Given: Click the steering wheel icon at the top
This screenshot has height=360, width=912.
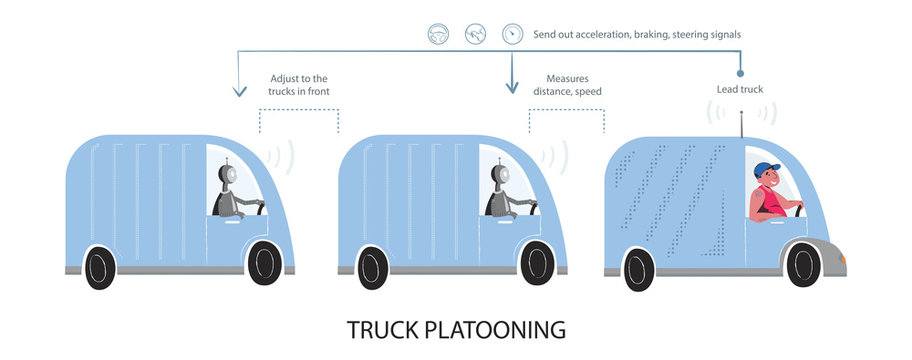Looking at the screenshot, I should (x=437, y=34).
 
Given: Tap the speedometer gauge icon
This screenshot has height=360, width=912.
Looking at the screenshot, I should (x=512, y=34).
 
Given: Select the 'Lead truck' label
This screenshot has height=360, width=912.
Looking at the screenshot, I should (x=739, y=90).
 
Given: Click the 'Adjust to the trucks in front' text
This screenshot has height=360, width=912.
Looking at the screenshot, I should (x=299, y=85).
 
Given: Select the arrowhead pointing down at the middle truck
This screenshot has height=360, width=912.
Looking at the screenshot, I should (x=511, y=88).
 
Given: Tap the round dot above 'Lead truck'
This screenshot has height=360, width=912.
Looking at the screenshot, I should (x=740, y=72).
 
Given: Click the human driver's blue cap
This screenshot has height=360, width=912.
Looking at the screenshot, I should (x=767, y=168).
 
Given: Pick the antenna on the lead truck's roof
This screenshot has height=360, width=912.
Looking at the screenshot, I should (x=741, y=125).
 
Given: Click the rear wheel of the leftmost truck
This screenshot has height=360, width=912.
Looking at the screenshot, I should (x=100, y=267).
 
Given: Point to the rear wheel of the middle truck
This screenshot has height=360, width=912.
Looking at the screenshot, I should (x=372, y=267).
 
